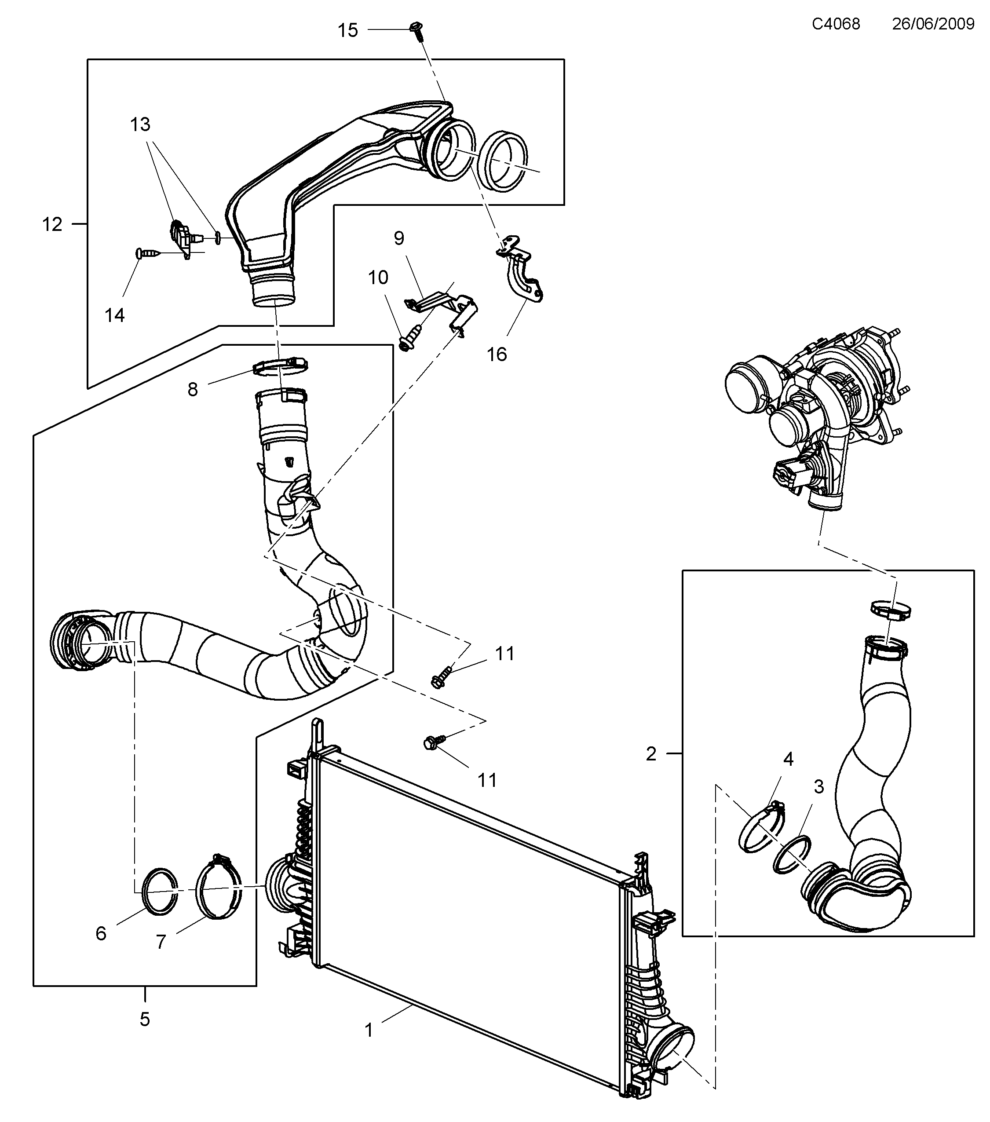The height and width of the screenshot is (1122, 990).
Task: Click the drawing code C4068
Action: click(835, 24)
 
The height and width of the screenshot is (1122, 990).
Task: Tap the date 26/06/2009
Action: click(932, 24)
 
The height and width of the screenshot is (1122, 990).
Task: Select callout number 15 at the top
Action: click(347, 30)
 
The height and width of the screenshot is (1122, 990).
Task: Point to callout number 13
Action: click(140, 124)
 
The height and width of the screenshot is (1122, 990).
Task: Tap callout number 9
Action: click(399, 238)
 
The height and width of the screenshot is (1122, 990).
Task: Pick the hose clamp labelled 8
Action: click(281, 365)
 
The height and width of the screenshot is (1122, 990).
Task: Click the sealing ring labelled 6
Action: click(160, 892)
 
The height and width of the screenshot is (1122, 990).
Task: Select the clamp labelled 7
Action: click(219, 888)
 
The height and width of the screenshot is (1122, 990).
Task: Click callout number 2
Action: click(651, 754)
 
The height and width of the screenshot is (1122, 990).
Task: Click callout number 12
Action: click(53, 224)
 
